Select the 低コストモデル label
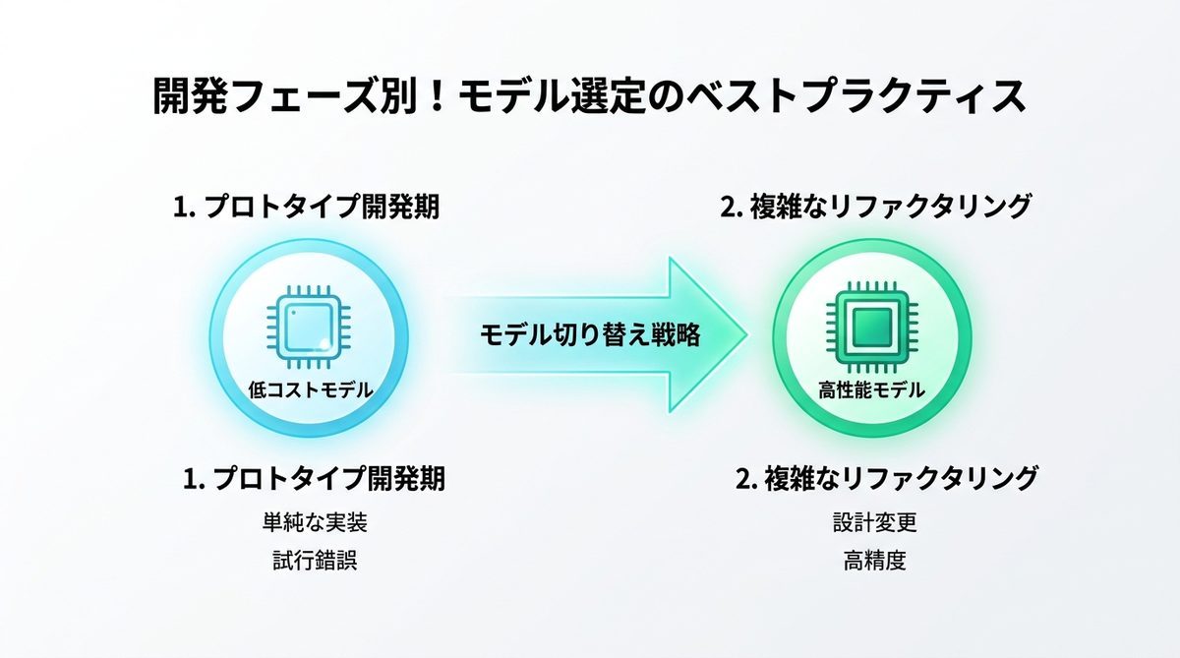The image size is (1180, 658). (310, 390)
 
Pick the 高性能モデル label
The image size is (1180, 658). (871, 390)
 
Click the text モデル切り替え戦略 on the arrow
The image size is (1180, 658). (590, 335)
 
